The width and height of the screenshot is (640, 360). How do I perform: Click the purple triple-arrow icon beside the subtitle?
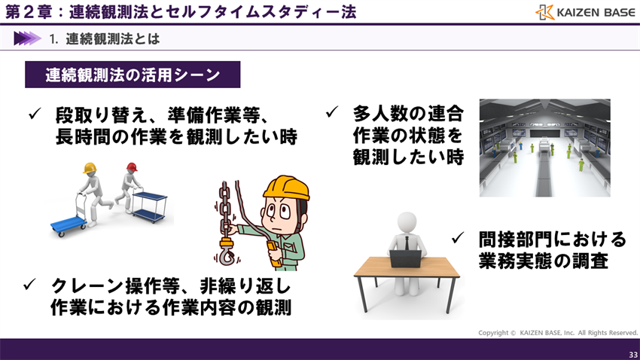click(x=26, y=38)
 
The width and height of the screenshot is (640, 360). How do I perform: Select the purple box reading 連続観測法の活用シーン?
click(x=133, y=75)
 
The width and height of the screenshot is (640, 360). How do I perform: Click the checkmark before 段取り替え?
click(x=34, y=114)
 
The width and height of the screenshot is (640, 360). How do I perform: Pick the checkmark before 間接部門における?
click(x=457, y=239)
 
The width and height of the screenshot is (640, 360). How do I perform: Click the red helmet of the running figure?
click(x=132, y=166)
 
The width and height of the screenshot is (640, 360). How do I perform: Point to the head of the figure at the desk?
click(x=407, y=221)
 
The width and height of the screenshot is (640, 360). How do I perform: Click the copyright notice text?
click(x=557, y=332)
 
